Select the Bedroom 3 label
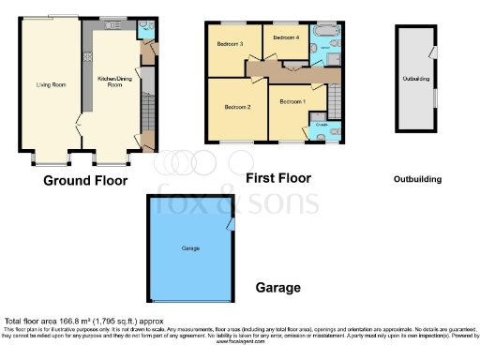[230, 44]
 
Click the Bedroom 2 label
[238, 106]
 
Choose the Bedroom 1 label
[292, 100]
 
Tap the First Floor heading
[277, 177]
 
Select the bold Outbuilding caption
[416, 178]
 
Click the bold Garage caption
[278, 288]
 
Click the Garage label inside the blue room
[190, 248]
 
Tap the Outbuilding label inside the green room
[416, 79]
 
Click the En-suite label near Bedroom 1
[321, 124]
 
